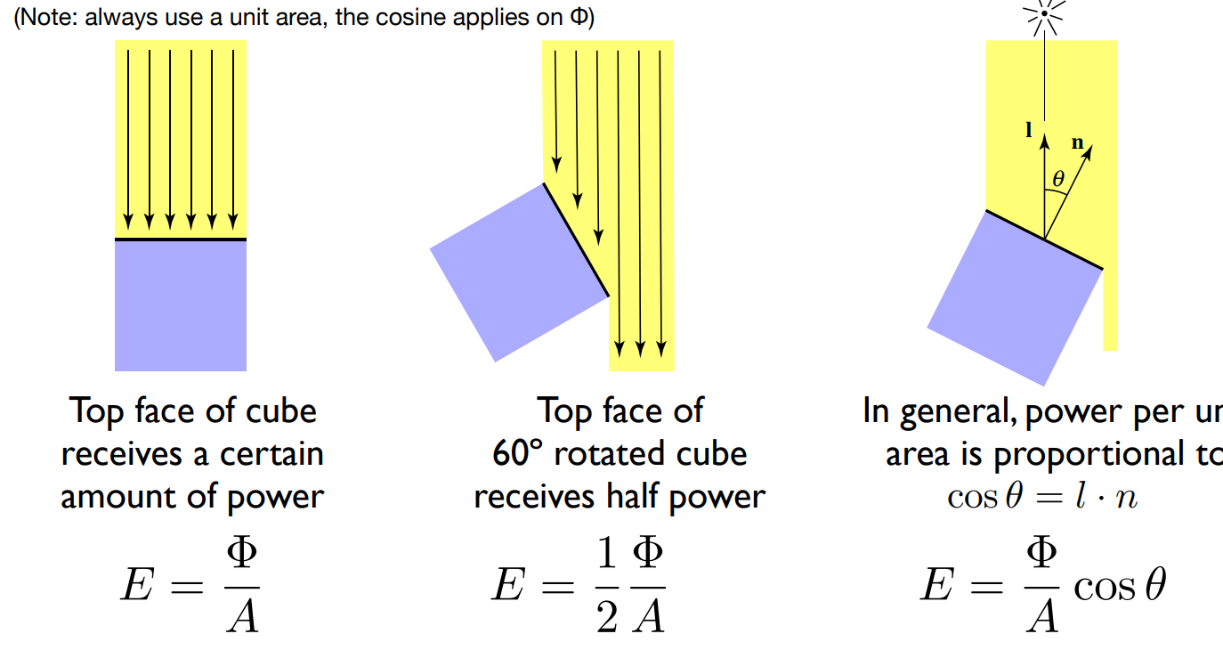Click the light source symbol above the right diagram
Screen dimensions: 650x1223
coord(1043,15)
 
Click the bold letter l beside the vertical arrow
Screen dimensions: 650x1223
coord(1030,130)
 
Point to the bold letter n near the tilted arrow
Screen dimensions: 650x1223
coord(1077,142)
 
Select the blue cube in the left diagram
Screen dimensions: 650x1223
coord(181,305)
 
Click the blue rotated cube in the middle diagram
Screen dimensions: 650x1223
coord(518,272)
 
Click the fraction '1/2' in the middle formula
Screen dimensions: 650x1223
coord(607,587)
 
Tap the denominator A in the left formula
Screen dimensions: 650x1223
coord(241,615)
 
